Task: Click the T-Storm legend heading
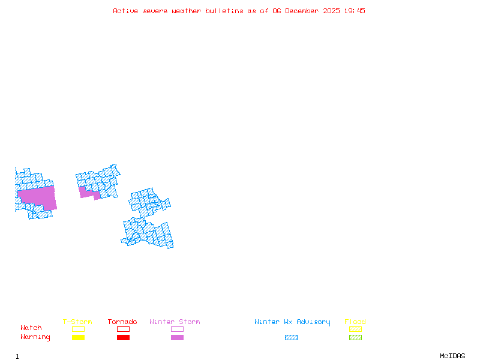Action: pos(77,322)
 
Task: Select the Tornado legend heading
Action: pos(122,322)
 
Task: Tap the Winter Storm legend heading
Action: pos(175,322)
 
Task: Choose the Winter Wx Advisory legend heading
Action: pos(292,322)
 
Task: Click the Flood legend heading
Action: pos(355,322)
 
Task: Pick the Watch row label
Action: pos(31,328)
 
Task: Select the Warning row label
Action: pos(35,337)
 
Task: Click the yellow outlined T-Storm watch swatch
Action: pos(78,329)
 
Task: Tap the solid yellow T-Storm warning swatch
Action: pos(78,338)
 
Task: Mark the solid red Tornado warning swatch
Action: pos(123,338)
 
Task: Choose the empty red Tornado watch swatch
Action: pos(123,329)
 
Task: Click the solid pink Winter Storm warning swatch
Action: pos(177,338)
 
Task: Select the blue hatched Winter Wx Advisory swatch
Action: pos(291,338)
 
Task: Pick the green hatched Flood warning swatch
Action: pos(355,338)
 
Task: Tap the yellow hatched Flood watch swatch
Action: pos(355,329)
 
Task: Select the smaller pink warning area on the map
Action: pos(88,193)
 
